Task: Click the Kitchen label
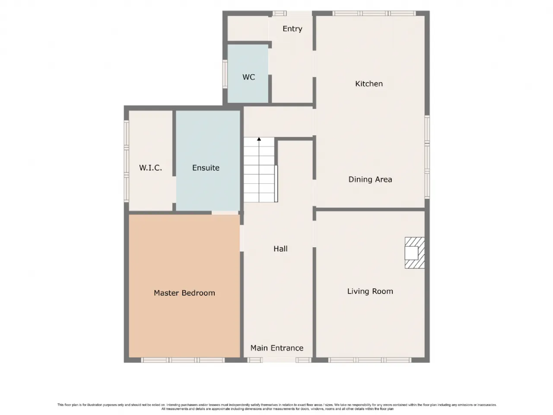(369, 84)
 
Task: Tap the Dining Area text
(370, 179)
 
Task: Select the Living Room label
(370, 291)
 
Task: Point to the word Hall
(280, 249)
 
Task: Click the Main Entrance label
(277, 348)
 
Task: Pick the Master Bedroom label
(184, 293)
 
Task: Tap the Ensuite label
(206, 168)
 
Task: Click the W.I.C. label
(150, 168)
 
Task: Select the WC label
(249, 77)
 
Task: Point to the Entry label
(292, 29)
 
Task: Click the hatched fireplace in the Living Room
(414, 253)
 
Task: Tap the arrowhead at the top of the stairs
(259, 139)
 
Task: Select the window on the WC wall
(225, 74)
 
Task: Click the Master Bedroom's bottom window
(183, 360)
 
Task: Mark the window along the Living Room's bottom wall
(369, 360)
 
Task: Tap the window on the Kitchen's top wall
(374, 13)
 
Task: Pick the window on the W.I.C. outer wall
(127, 161)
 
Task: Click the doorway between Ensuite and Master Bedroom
(225, 213)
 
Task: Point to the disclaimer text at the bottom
(277, 407)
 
